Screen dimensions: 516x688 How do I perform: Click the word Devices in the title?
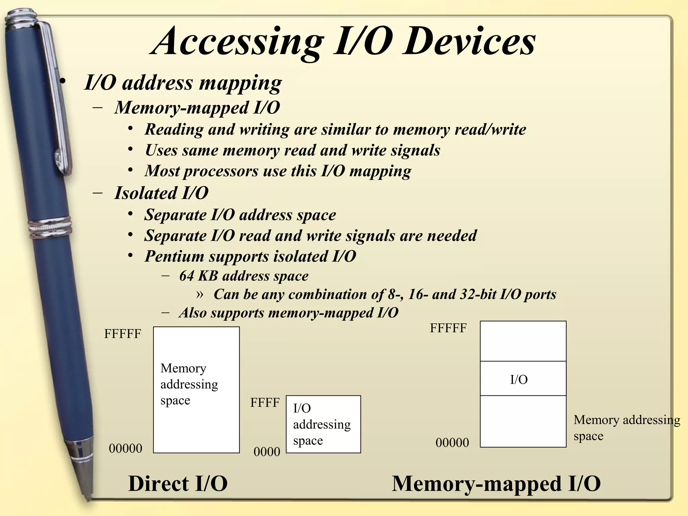[469, 42]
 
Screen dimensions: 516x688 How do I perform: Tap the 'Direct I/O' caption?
[178, 483]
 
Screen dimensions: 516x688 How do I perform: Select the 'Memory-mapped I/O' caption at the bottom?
[496, 483]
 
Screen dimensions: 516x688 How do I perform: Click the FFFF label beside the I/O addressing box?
[265, 402]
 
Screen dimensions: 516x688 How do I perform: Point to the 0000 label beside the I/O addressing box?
[267, 452]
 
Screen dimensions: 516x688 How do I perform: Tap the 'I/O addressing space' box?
[323, 424]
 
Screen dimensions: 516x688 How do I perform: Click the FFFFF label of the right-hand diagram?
[448, 328]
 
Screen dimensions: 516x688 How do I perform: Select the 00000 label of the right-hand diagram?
[452, 443]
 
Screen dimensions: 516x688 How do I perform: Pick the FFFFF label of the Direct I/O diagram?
[122, 334]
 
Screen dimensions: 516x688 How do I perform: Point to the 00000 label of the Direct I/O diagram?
[125, 448]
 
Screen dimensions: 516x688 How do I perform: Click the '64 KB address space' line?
[244, 276]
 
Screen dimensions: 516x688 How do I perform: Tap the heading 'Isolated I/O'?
[161, 193]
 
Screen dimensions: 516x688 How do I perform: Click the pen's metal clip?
[57, 101]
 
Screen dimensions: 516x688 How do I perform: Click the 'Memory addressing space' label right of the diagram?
[627, 428]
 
